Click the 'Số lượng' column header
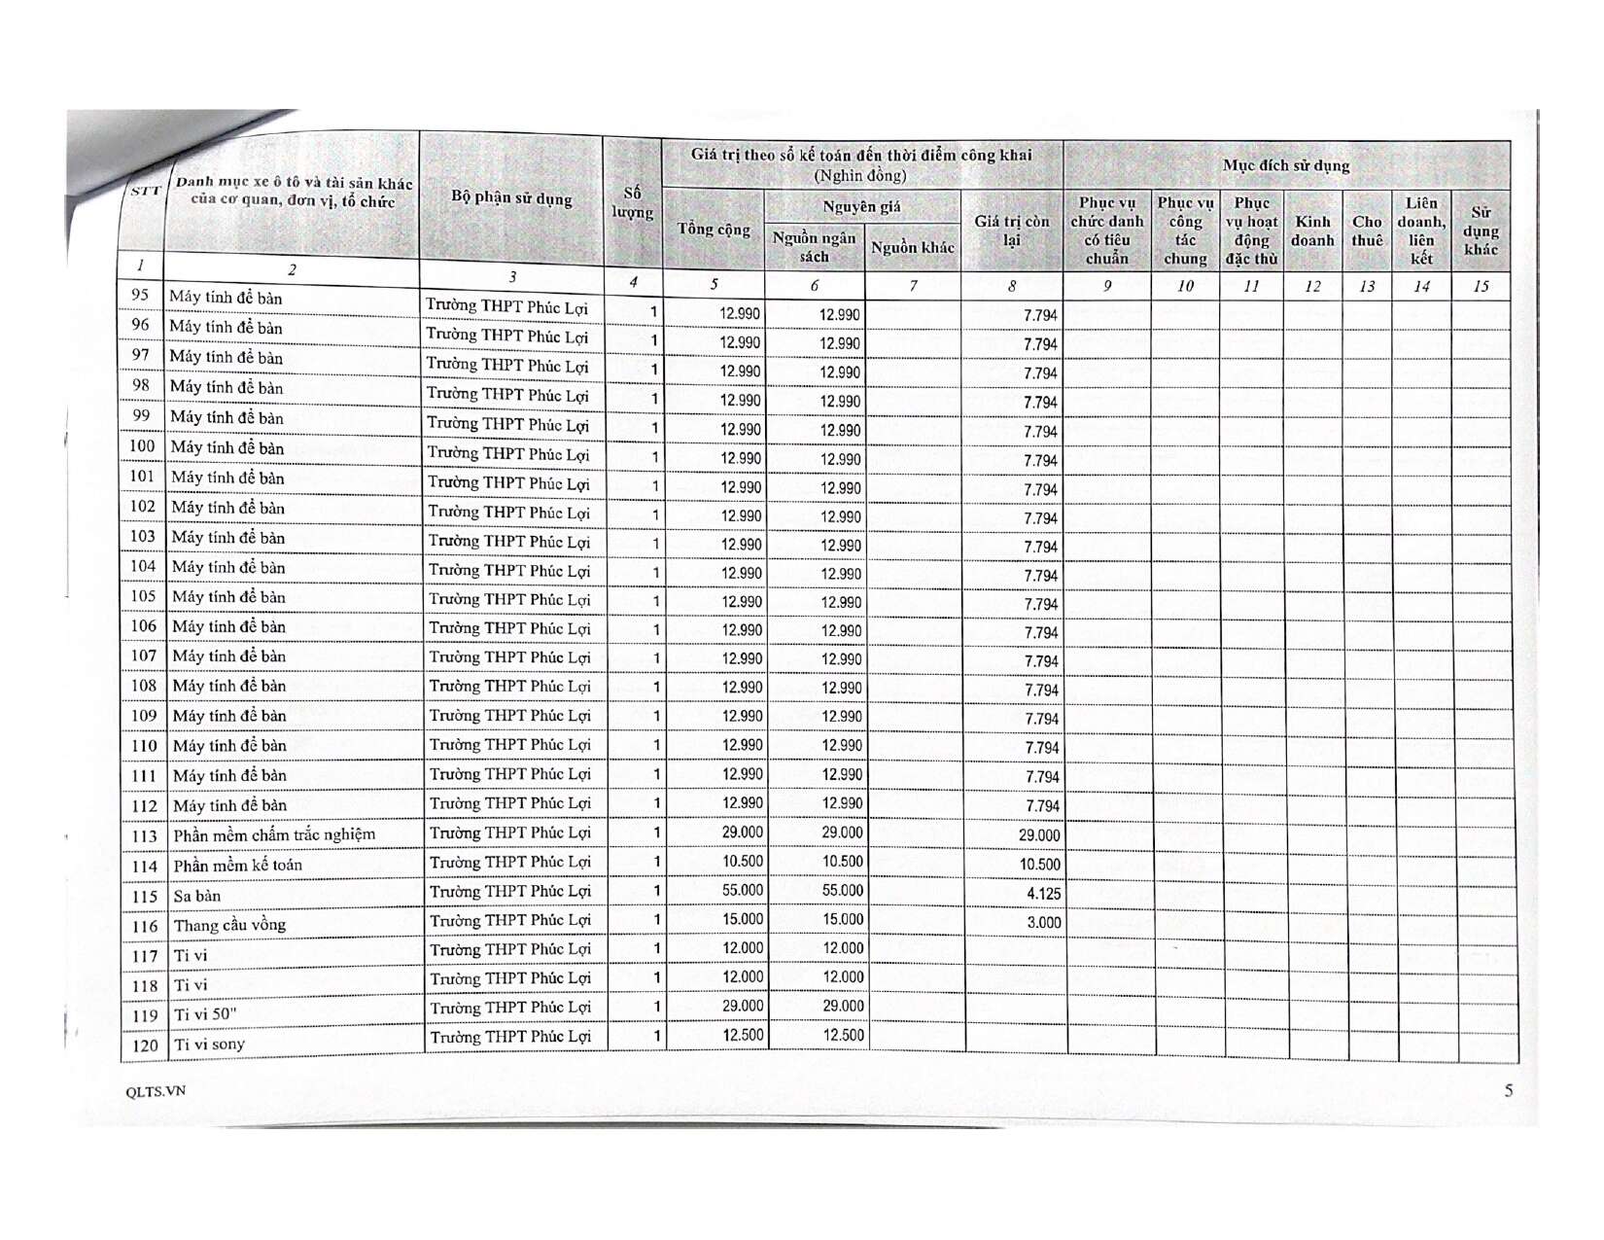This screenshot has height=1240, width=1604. pyautogui.click(x=632, y=202)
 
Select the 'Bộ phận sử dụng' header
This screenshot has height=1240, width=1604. pyautogui.click(x=511, y=198)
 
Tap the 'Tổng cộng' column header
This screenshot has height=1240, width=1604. pyautogui.click(x=714, y=229)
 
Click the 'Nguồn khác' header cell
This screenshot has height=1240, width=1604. pyautogui.click(x=912, y=247)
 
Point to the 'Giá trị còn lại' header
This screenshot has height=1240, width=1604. pyautogui.click(x=1012, y=230)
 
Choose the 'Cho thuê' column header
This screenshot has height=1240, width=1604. pyautogui.click(x=1367, y=230)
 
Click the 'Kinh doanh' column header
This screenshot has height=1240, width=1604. pyautogui.click(x=1312, y=230)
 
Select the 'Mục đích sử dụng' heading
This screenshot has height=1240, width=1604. pyautogui.click(x=1286, y=165)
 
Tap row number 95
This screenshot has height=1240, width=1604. pyautogui.click(x=140, y=295)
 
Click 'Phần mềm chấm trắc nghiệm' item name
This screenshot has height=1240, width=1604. pyautogui.click(x=274, y=834)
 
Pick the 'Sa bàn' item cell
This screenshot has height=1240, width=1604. pyautogui.click(x=197, y=896)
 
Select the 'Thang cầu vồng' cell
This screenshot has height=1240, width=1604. pyautogui.click(x=229, y=925)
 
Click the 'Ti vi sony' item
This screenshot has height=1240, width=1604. pyautogui.click(x=209, y=1045)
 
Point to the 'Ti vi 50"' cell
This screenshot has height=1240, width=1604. pyautogui.click(x=205, y=1014)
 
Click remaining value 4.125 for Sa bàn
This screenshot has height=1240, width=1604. pyautogui.click(x=1043, y=893)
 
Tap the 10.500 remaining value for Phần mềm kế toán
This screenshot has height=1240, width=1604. pyautogui.click(x=1039, y=864)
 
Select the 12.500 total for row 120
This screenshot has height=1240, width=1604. pyautogui.click(x=743, y=1035)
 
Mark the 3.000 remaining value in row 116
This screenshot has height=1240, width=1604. pyautogui.click(x=1044, y=922)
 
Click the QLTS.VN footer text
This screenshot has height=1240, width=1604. pyautogui.click(x=156, y=1091)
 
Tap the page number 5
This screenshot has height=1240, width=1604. pyautogui.click(x=1508, y=1090)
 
